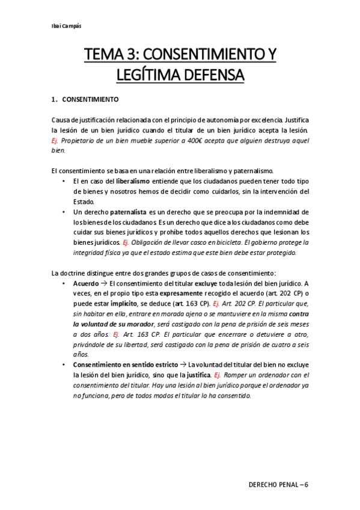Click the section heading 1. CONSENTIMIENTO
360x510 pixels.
click(85, 99)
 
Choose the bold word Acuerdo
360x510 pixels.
click(86, 283)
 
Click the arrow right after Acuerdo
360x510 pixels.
click(104, 283)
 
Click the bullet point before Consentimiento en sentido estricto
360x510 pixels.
click(64, 365)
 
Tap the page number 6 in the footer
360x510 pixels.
click(305, 484)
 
